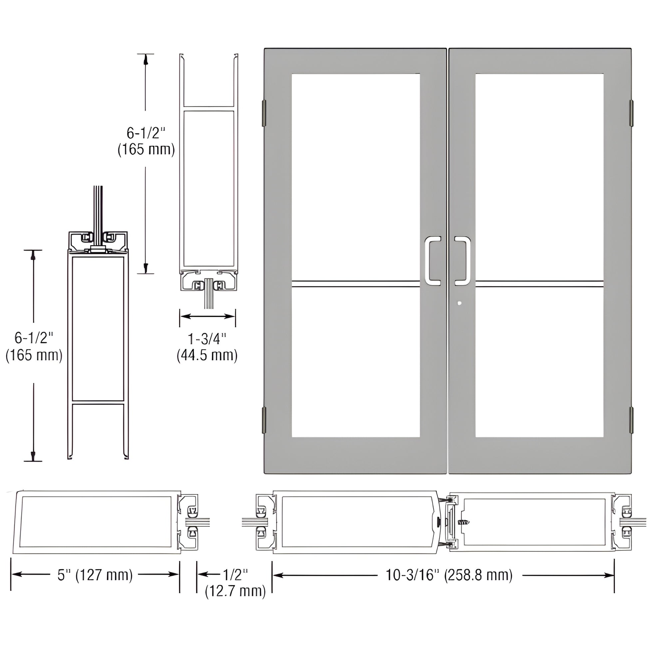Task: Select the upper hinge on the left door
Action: [x=264, y=113]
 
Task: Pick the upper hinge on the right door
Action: [x=631, y=113]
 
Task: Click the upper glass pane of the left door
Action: [x=356, y=176]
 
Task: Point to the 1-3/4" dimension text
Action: [x=207, y=339]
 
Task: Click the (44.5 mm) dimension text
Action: [x=207, y=355]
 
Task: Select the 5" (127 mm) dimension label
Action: [x=95, y=575]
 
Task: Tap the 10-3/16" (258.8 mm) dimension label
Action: [x=449, y=575]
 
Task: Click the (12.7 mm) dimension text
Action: [x=235, y=591]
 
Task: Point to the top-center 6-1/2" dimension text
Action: [x=146, y=133]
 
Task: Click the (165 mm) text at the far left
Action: [x=34, y=355]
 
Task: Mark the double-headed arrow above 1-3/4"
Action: [x=207, y=316]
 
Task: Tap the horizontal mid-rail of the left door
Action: [x=356, y=284]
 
